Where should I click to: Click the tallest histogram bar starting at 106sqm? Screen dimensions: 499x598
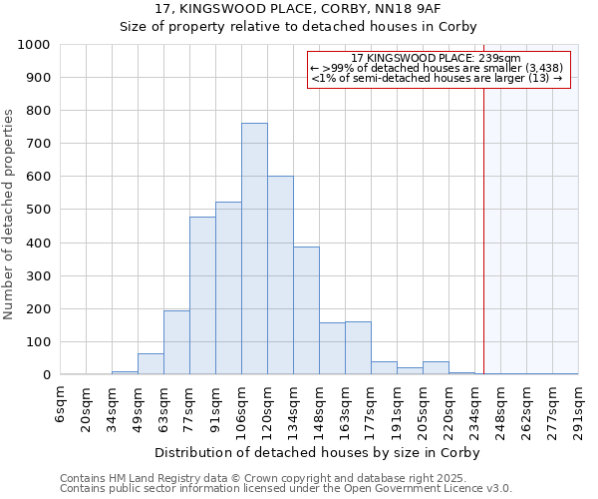(x=254, y=249)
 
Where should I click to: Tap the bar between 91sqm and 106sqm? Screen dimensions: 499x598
(x=228, y=289)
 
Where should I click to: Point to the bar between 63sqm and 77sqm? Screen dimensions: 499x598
(x=176, y=343)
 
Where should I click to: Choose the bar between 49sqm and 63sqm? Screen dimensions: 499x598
(x=150, y=364)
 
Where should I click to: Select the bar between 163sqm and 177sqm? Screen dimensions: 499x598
(x=358, y=348)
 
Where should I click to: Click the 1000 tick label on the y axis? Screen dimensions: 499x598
(x=34, y=45)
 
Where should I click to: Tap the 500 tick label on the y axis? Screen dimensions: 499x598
(x=38, y=211)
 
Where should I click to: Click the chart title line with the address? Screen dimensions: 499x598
(x=298, y=8)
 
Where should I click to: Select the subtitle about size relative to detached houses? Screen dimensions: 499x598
(x=298, y=27)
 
